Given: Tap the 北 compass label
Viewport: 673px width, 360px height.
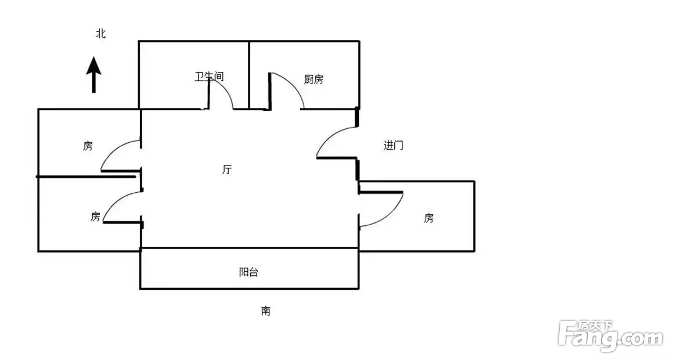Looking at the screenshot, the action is (101, 34).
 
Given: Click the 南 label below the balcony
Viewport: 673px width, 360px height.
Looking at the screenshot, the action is (266, 311).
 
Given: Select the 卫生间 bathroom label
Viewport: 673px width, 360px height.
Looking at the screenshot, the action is (209, 77).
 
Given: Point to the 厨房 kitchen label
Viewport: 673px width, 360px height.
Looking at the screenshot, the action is (314, 80).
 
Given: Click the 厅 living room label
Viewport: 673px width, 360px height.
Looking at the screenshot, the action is (227, 170).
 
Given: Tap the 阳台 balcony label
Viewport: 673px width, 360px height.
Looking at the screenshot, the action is (249, 272).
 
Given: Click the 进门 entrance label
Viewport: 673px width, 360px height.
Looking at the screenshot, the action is (393, 145).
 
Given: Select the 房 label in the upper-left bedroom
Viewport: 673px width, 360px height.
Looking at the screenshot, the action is (88, 146).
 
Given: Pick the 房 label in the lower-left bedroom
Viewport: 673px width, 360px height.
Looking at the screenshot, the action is (95, 217).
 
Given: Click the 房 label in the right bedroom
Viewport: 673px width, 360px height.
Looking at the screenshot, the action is (429, 218).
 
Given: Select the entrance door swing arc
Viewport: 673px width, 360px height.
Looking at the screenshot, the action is (327, 136).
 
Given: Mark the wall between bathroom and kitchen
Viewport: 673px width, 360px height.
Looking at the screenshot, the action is (249, 75).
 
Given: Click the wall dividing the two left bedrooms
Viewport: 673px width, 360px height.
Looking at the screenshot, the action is (86, 177).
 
